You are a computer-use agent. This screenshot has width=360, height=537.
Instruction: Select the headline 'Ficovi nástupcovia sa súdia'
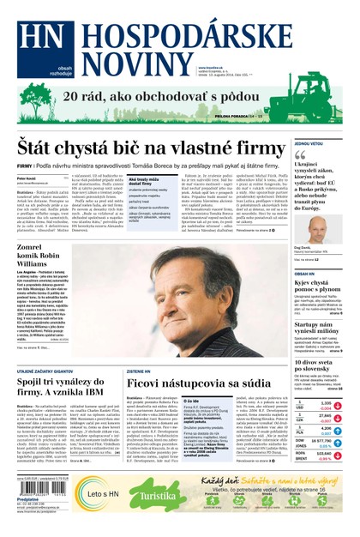coord(199,380)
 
